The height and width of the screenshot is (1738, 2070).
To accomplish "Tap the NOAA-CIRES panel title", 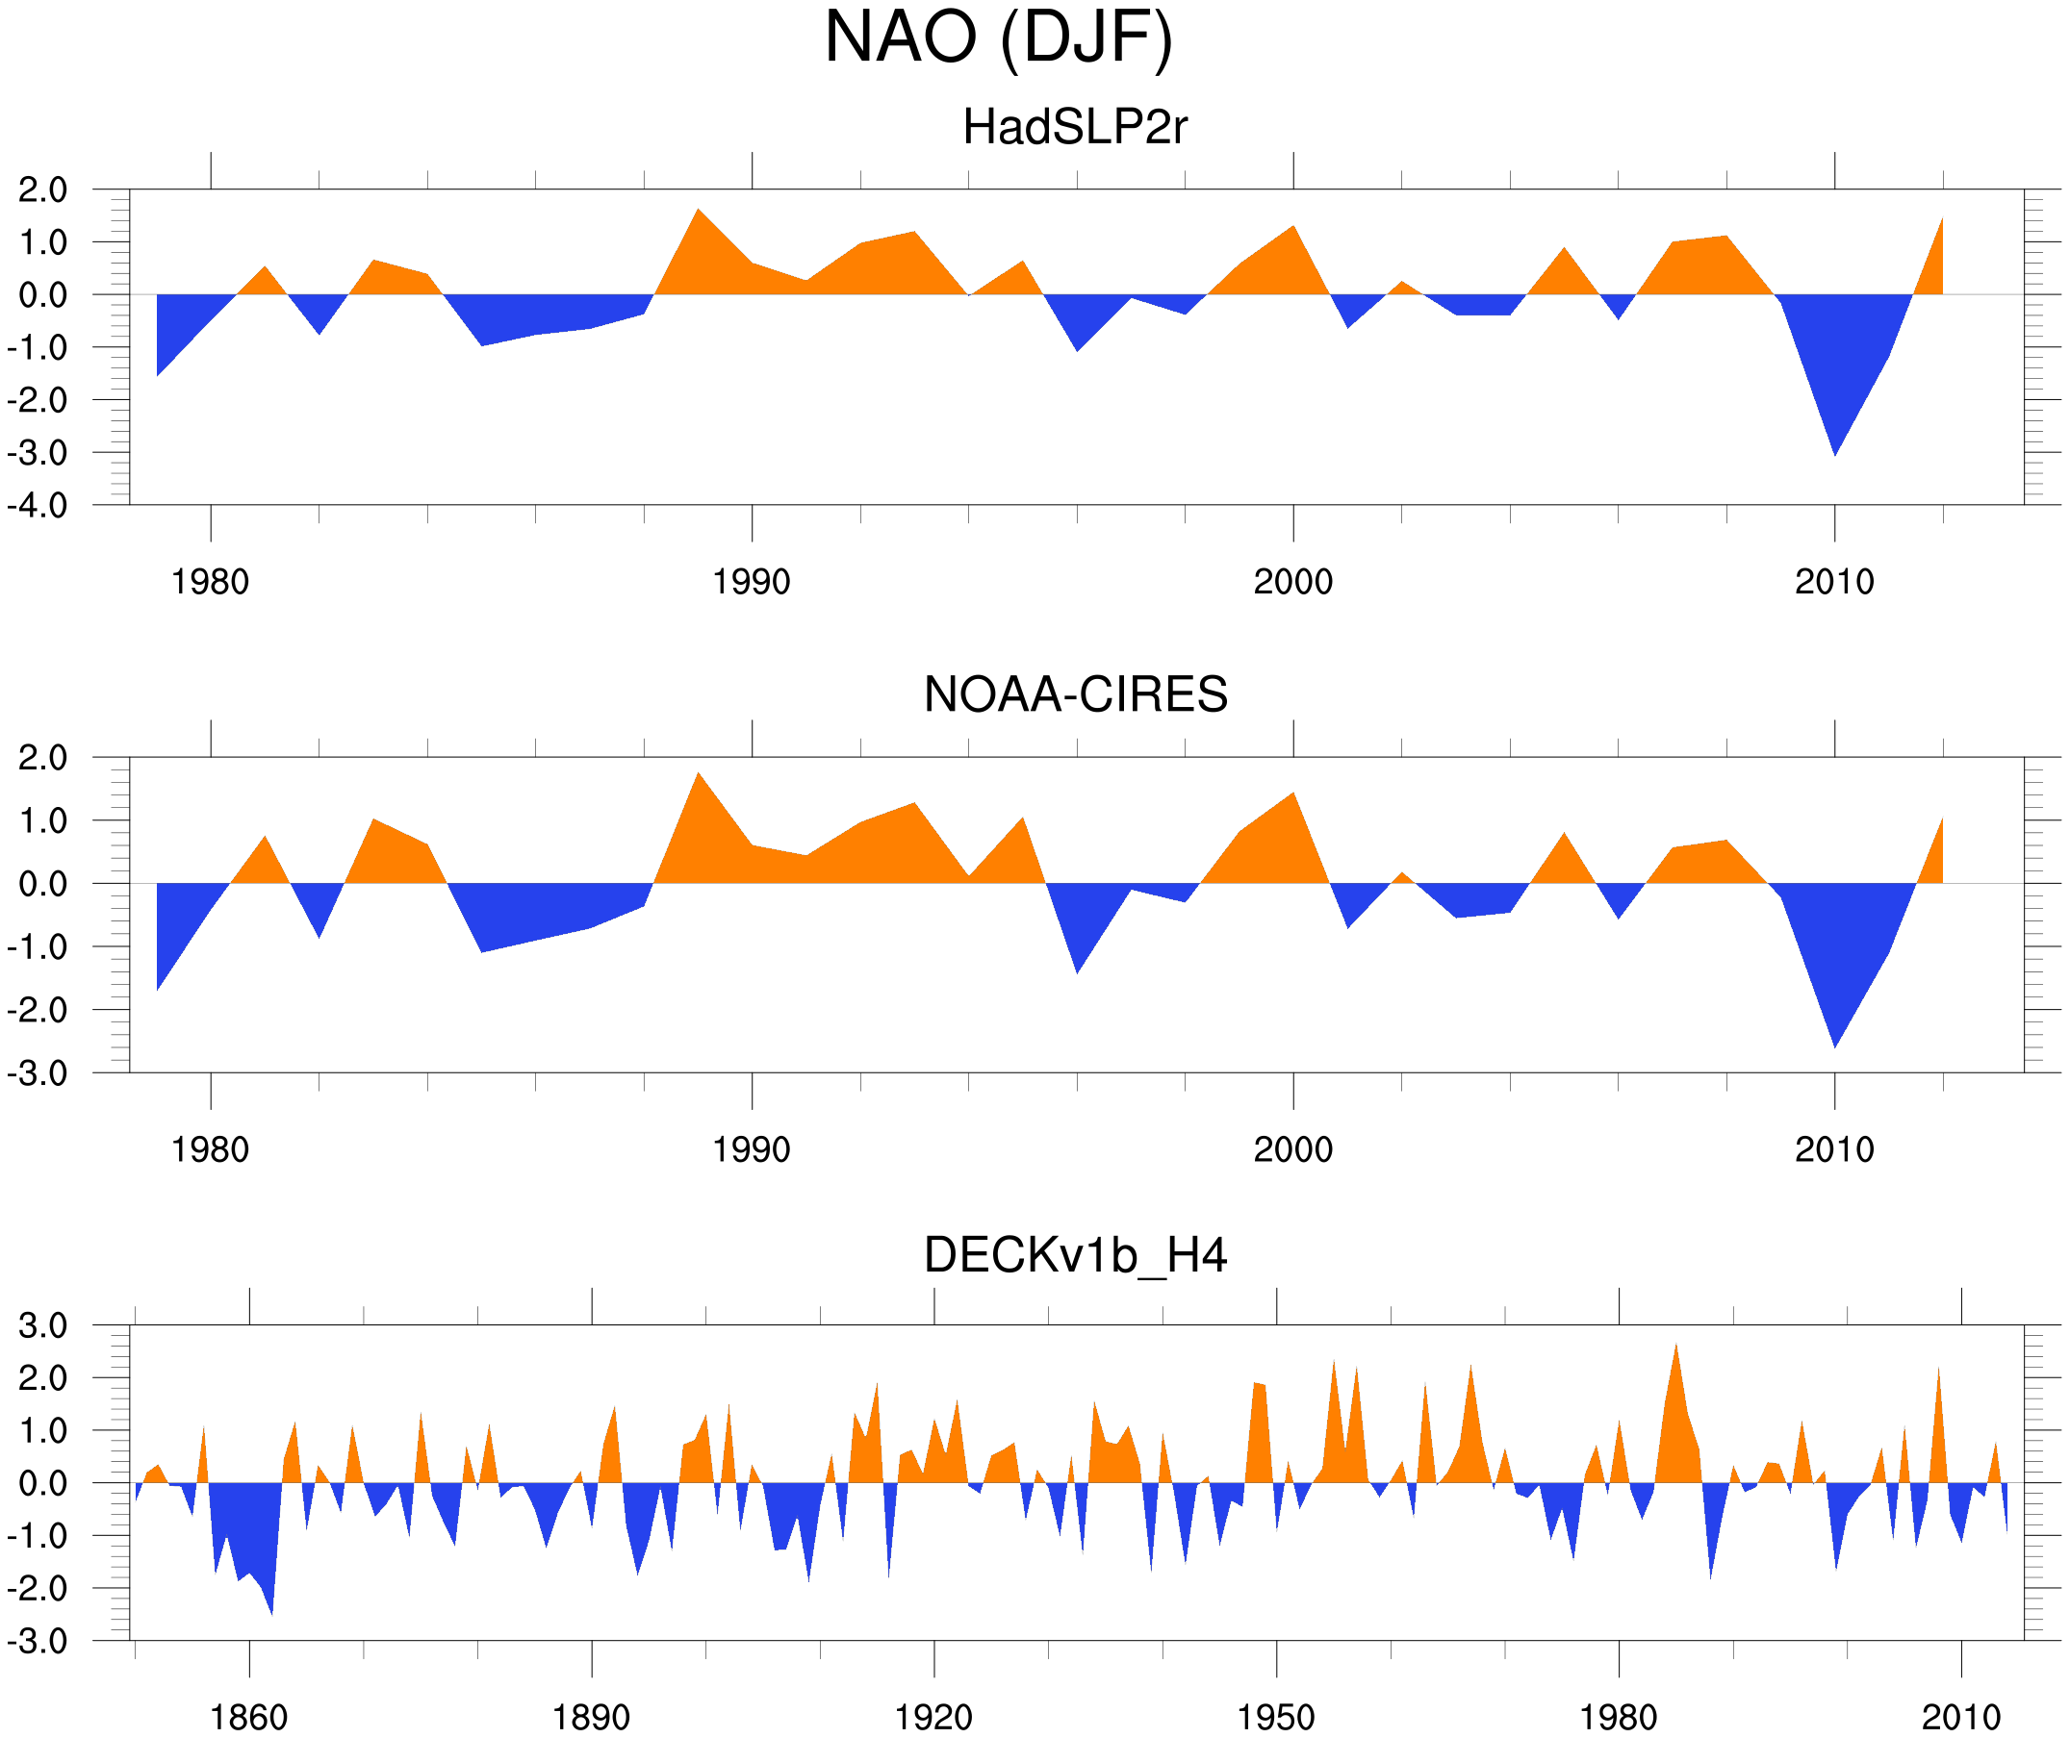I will click(x=1075, y=694).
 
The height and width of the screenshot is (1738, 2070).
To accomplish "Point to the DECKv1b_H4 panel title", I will click(x=1075, y=1256).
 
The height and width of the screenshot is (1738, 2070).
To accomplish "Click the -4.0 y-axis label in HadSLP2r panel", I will click(x=38, y=507).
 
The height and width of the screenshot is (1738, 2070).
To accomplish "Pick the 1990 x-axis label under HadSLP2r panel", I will click(x=752, y=582).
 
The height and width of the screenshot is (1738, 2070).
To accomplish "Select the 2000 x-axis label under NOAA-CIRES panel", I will click(x=1292, y=1149).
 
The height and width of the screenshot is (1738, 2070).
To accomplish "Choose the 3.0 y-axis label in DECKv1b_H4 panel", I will click(x=42, y=1326).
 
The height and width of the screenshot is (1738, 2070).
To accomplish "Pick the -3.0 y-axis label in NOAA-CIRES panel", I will click(x=38, y=1074).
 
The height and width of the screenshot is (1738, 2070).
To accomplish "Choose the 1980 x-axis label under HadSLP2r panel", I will click(x=210, y=582).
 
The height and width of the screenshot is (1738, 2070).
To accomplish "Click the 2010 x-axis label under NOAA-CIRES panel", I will click(x=1833, y=1149).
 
